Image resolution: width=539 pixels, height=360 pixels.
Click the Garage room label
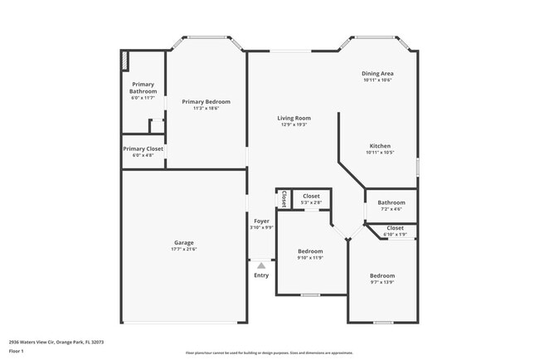(183, 243)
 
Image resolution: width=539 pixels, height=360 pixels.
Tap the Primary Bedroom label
(206, 101)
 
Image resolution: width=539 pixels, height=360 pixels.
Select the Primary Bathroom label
(143, 87)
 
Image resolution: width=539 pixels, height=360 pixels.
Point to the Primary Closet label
(143, 149)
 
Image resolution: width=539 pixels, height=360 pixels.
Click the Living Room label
(294, 119)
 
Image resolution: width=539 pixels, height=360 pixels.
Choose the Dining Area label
(377, 74)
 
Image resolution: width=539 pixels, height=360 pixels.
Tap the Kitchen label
(379, 146)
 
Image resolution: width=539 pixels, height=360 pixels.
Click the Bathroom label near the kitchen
(391, 202)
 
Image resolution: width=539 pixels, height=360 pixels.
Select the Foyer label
(261, 221)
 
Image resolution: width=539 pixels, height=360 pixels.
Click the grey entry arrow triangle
(261, 265)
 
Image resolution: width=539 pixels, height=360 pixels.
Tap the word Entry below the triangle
(261, 275)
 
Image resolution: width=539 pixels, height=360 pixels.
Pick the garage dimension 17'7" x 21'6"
(183, 249)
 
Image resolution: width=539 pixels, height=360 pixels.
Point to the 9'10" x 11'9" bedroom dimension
(310, 257)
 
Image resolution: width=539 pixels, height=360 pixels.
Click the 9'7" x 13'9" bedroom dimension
(382, 282)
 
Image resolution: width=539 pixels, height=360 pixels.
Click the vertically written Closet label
(284, 199)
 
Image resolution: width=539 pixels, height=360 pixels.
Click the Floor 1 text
(17, 351)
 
